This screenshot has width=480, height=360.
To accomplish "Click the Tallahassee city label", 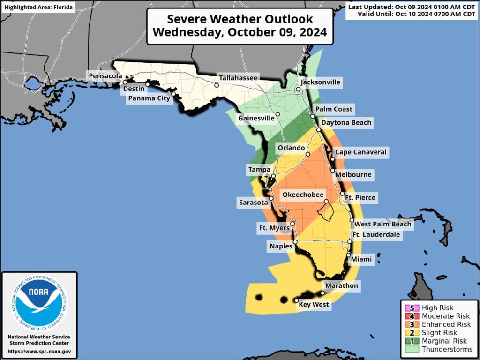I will click(238, 78).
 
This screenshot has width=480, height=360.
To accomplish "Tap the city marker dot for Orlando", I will click(308, 154).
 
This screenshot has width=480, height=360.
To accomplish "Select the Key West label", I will click(314, 305).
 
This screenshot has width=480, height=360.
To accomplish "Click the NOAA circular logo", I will click(39, 304).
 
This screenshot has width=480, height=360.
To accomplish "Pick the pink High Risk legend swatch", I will click(412, 308).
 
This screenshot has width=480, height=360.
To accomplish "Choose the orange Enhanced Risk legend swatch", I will click(412, 324).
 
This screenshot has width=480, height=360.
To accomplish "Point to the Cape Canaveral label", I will click(360, 152).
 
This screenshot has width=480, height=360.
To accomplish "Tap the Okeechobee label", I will click(302, 194).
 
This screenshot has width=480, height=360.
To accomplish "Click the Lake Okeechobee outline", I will click(325, 211).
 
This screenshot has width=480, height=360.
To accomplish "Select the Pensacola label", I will click(105, 75).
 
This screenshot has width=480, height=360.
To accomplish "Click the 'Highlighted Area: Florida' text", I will click(38, 8).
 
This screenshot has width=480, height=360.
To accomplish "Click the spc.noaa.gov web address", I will click(39, 351).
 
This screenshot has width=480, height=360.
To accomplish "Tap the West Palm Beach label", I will click(382, 224).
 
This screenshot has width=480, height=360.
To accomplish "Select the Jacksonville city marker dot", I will click(298, 89).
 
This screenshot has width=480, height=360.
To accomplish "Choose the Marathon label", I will click(341, 285).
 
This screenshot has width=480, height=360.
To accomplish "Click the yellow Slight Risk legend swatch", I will click(412, 333).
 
